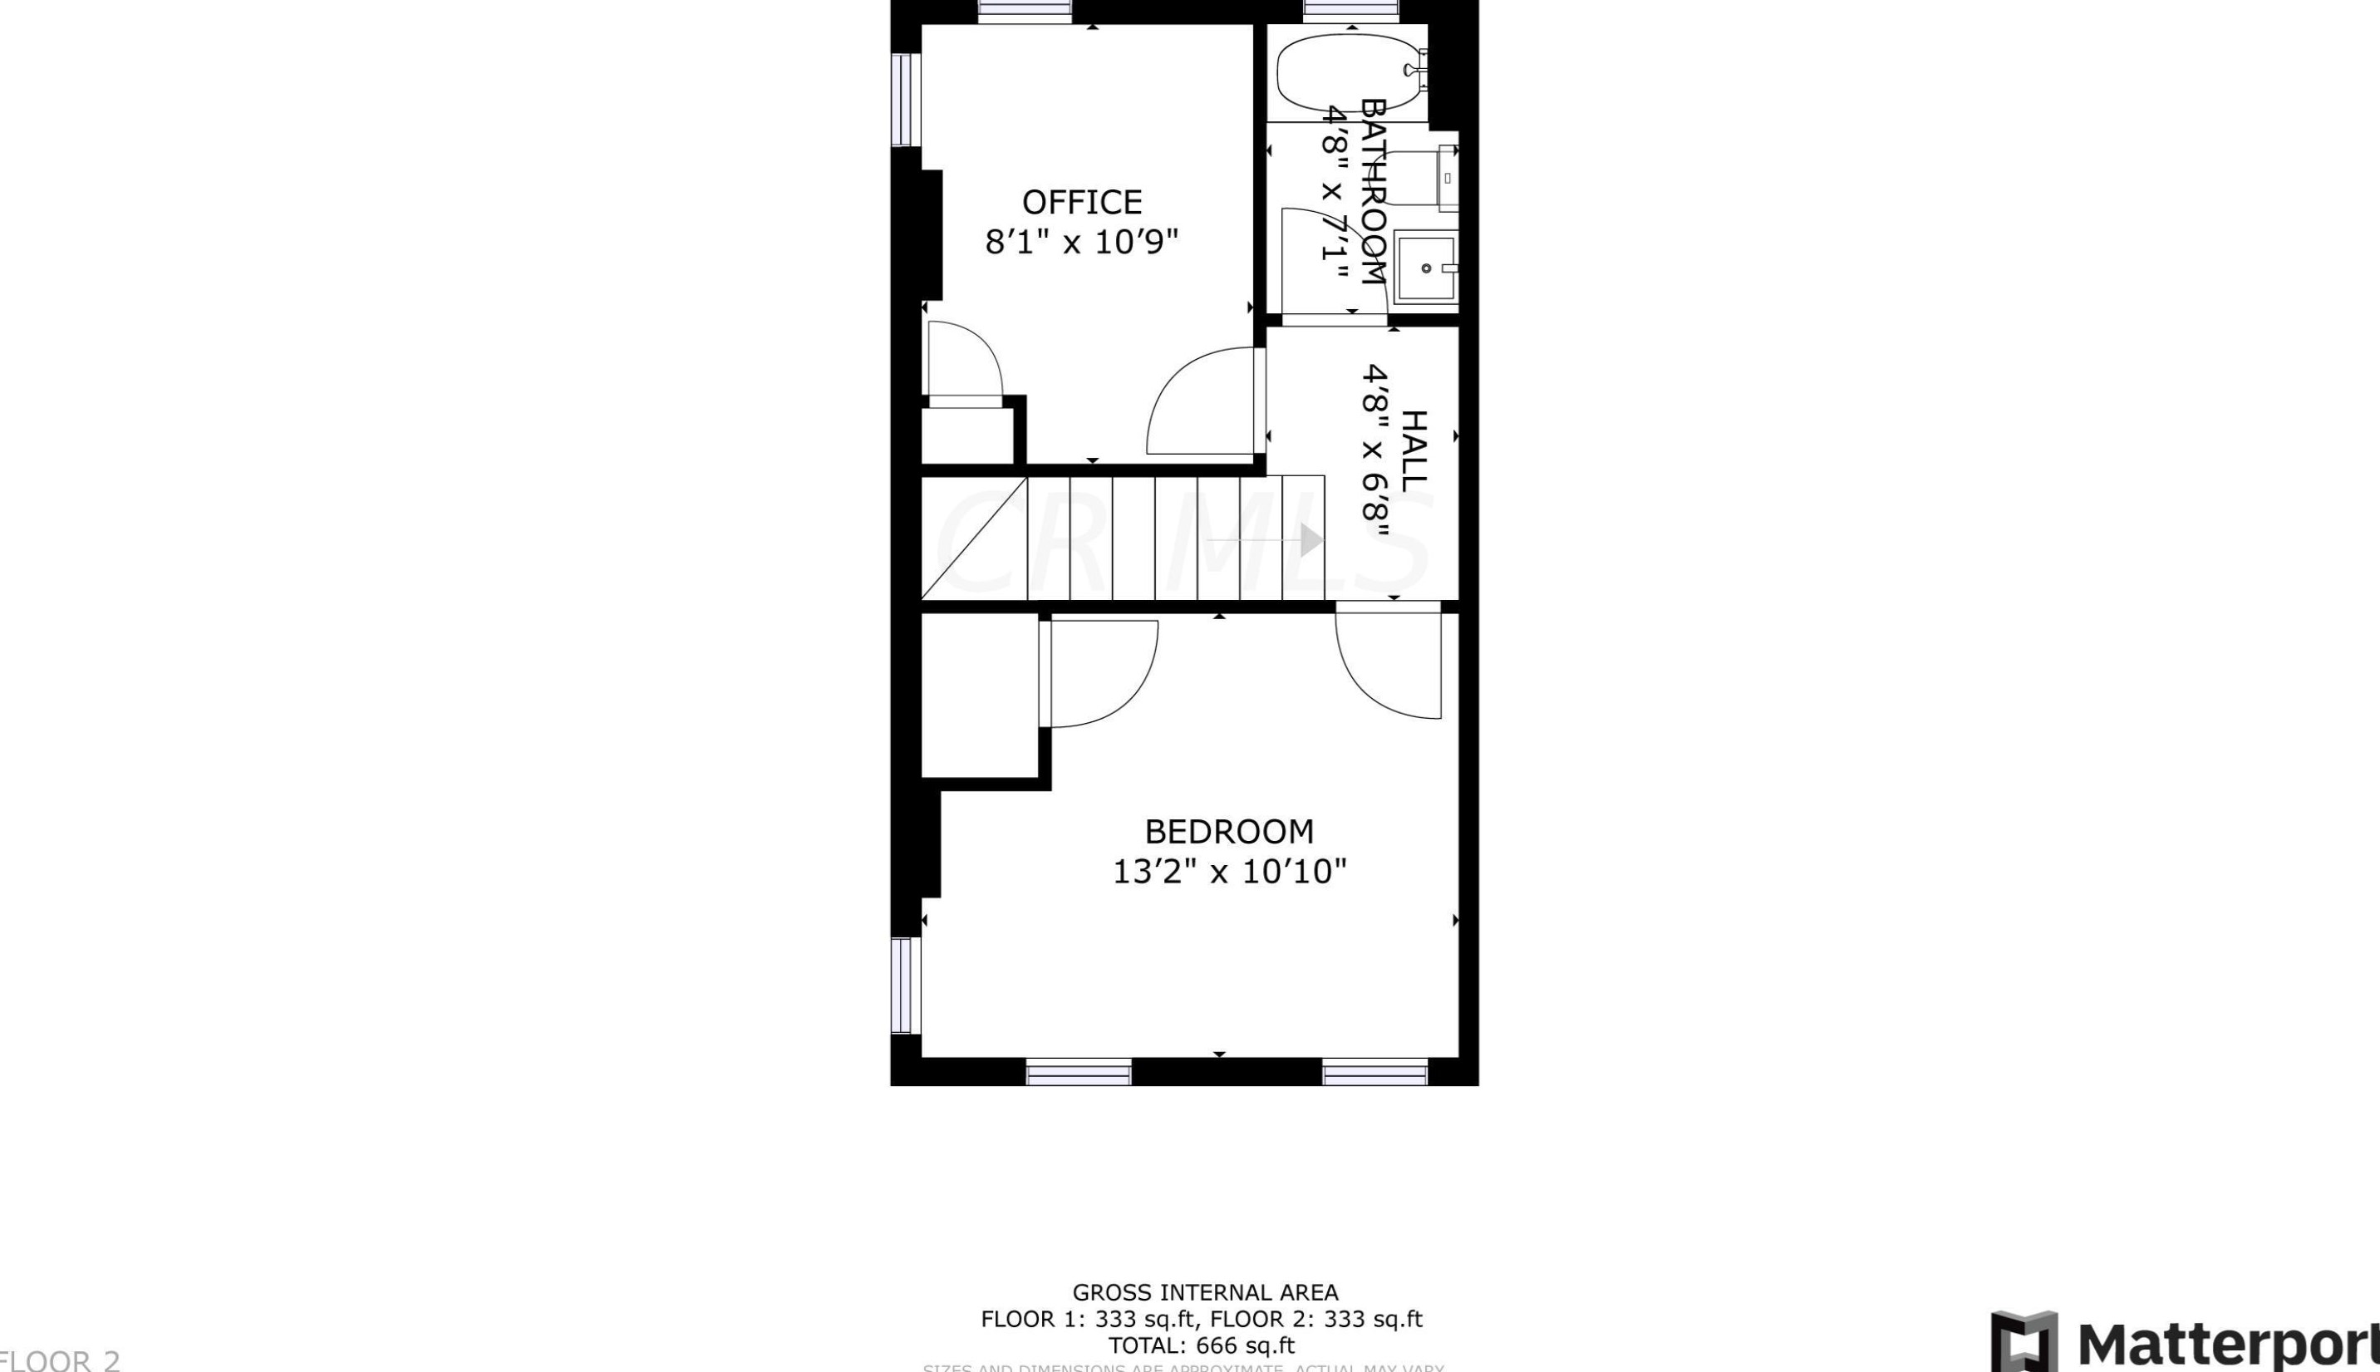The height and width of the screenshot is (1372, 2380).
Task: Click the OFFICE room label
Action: click(1082, 203)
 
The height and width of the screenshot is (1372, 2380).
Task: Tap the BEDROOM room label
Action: click(1228, 831)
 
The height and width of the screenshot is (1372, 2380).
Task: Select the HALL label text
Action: click(1414, 450)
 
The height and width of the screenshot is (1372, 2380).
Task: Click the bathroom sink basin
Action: click(1425, 268)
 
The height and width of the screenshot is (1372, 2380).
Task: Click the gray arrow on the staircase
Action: click(1310, 540)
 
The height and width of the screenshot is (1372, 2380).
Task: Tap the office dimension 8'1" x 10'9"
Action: click(1082, 242)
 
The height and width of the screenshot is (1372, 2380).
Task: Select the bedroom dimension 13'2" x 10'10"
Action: click(1228, 872)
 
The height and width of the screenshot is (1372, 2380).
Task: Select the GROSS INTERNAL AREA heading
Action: click(1205, 1292)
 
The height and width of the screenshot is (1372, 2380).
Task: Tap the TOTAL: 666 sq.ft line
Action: click(1202, 1345)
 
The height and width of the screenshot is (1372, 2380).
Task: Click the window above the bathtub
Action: click(1351, 10)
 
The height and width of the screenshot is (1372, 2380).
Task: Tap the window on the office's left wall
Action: click(904, 100)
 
